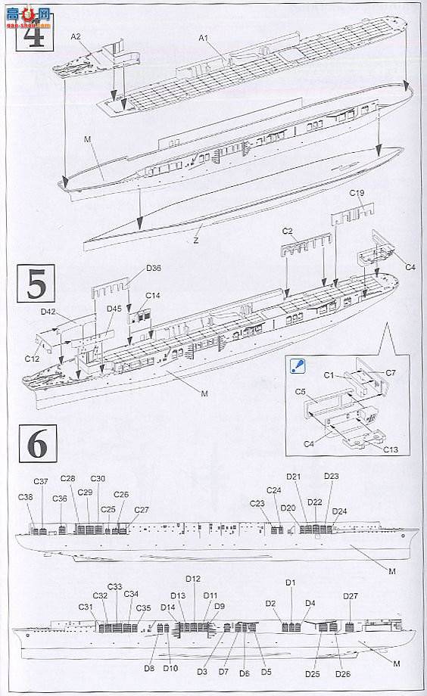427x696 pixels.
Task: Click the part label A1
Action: coord(204,37)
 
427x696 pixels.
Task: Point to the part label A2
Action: coord(76,36)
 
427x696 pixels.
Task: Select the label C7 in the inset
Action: coord(391,374)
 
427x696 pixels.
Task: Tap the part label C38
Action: coord(26,497)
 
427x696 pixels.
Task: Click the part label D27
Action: coord(351,596)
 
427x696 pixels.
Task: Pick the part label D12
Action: coord(193,579)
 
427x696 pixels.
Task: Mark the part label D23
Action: coord(332,476)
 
